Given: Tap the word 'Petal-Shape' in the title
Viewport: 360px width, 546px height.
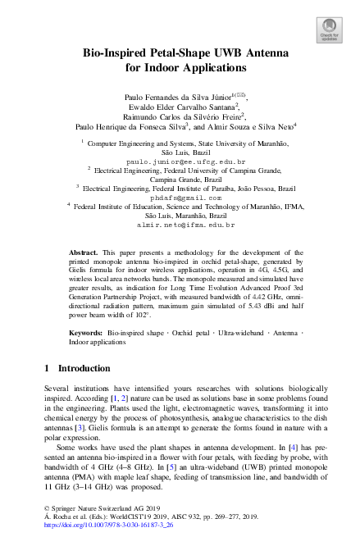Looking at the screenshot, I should coord(189,53).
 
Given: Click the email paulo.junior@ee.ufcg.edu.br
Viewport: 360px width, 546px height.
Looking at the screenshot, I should coord(175,162).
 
